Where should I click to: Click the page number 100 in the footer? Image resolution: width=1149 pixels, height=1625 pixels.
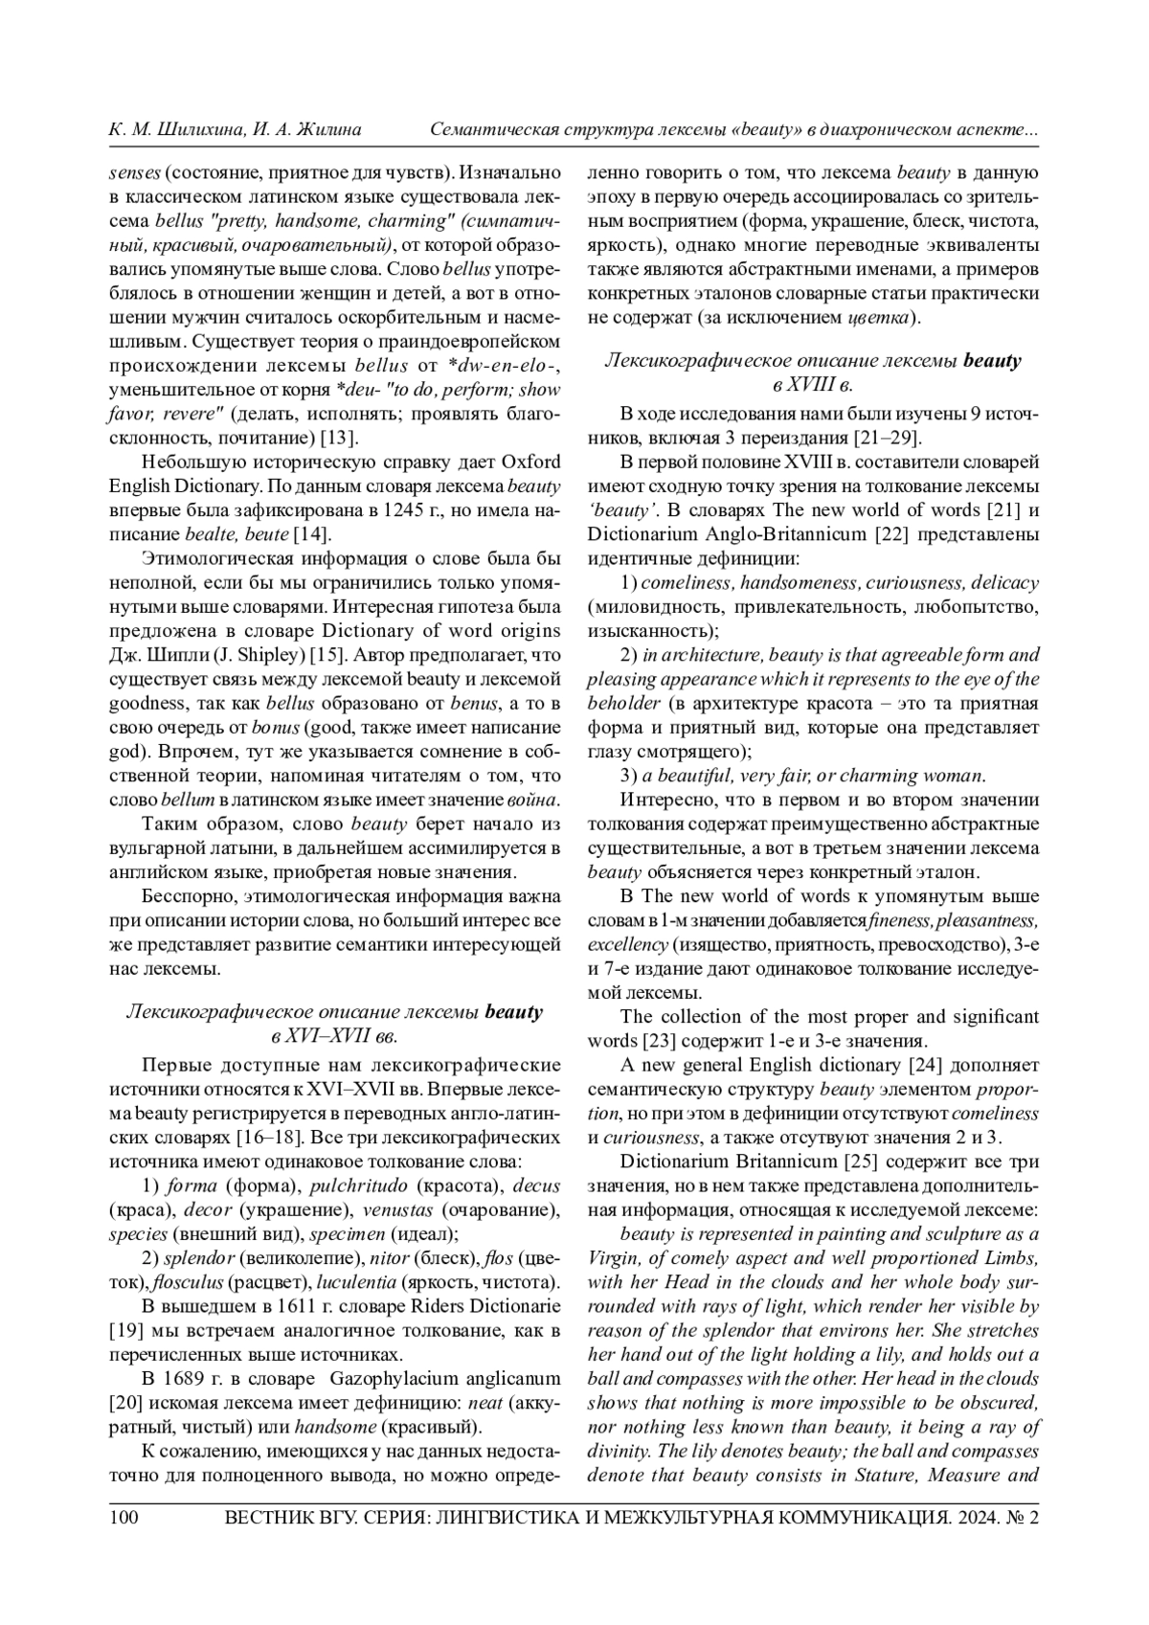point(124,1517)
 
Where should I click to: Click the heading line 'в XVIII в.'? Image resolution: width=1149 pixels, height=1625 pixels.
point(812,386)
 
